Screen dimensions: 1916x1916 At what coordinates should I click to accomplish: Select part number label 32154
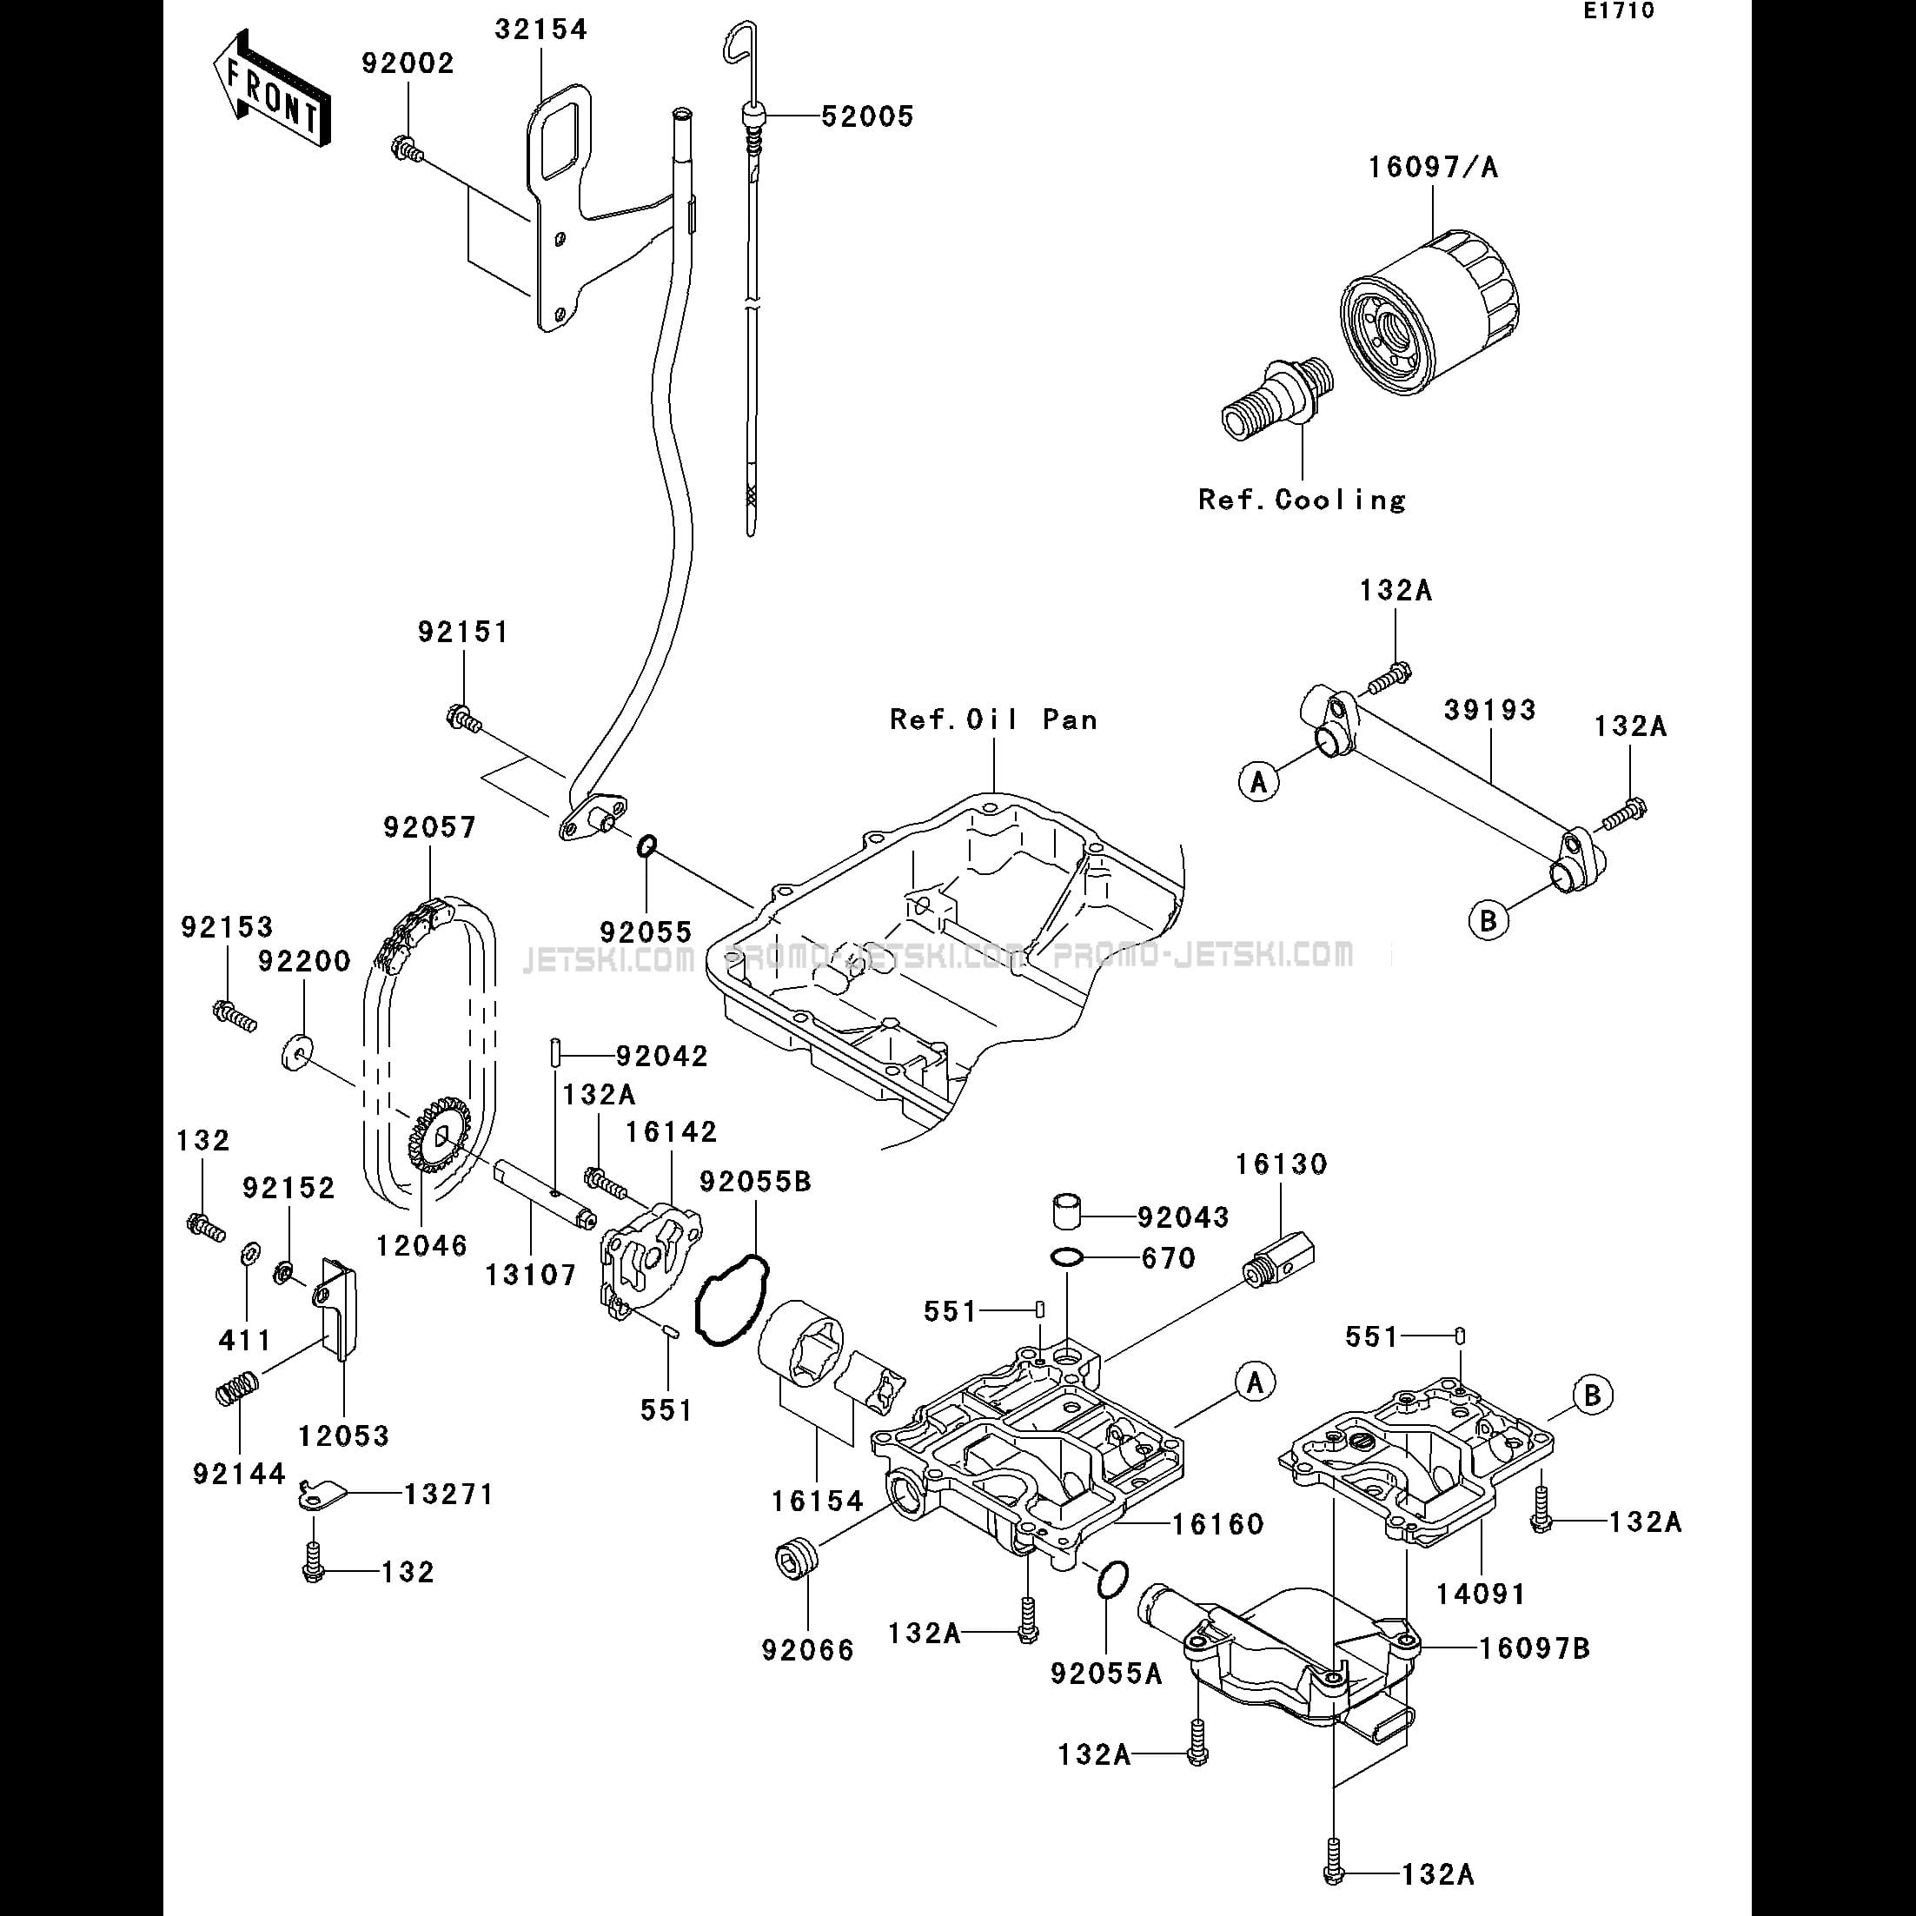pyautogui.click(x=541, y=30)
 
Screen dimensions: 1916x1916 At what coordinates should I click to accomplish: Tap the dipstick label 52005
pyautogui.click(x=868, y=116)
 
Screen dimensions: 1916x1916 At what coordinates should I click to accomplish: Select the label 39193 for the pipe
pyautogui.click(x=1489, y=709)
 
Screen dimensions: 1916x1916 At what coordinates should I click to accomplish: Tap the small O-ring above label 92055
pyautogui.click(x=646, y=845)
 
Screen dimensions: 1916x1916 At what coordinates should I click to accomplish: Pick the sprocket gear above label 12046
pyautogui.click(x=438, y=1136)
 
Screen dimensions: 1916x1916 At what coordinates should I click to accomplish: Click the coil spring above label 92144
pyautogui.click(x=238, y=1385)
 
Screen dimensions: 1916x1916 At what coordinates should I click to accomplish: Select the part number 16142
pyautogui.click(x=672, y=1130)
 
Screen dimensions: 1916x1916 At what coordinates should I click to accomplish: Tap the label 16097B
pyautogui.click(x=1535, y=1647)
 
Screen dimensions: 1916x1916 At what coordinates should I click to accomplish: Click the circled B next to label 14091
pyautogui.click(x=1593, y=1395)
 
